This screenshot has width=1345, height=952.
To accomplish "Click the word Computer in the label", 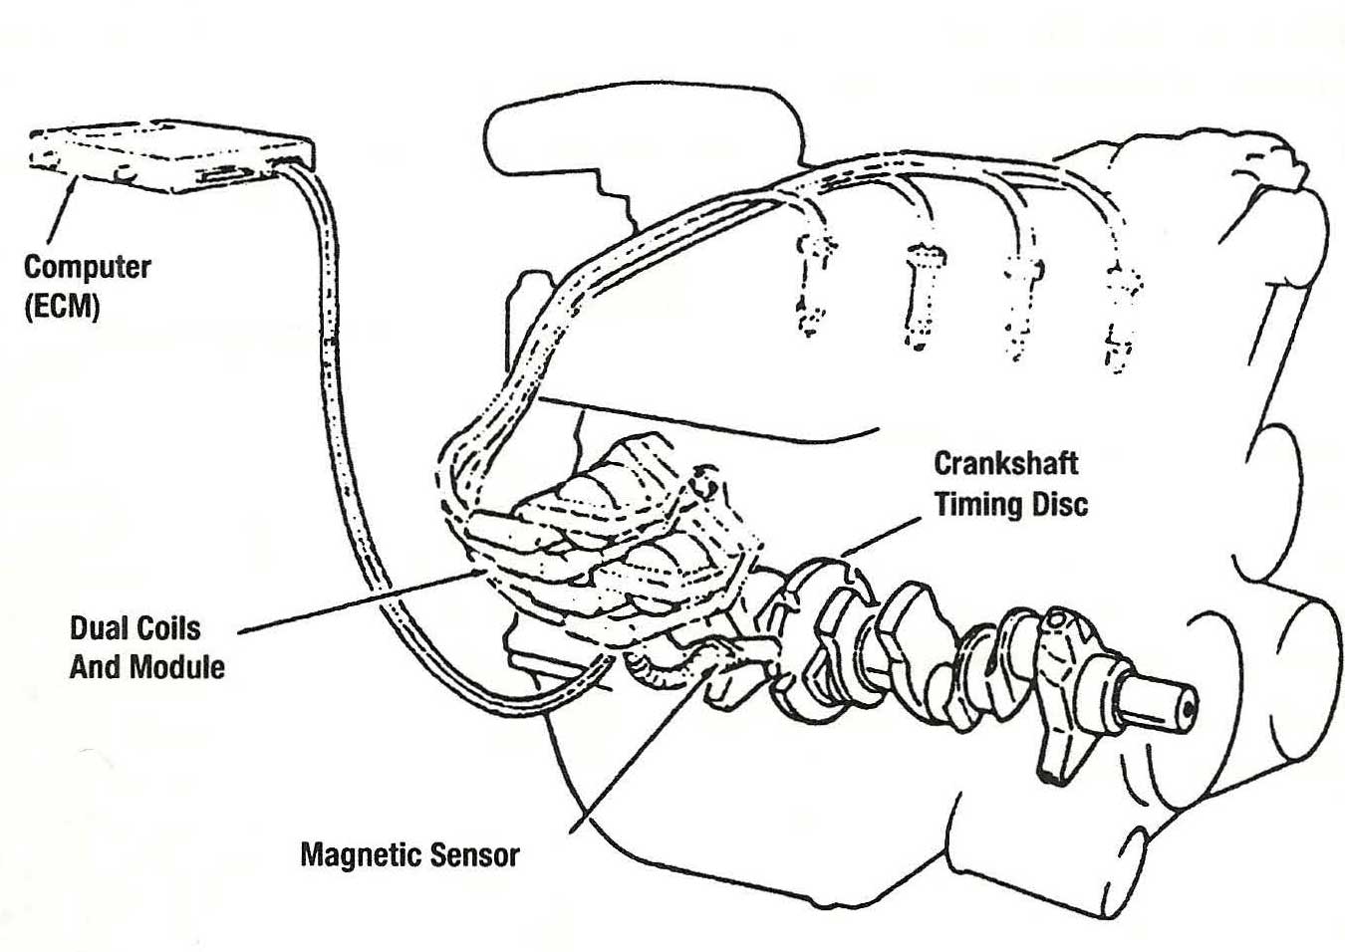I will coord(87,268).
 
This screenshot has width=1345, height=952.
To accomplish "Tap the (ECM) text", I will coord(62,306).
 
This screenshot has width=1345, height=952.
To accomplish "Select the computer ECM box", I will coord(169,159).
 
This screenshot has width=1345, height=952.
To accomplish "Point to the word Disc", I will coord(1055,504).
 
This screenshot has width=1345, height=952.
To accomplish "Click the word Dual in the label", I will coord(97,628).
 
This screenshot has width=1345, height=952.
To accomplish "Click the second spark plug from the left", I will coord(918,299).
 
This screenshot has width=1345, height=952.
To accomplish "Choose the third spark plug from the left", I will coord(1018,309).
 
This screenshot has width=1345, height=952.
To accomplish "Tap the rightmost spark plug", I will coord(1122,319).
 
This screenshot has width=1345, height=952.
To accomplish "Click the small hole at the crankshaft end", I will coord(1186,709).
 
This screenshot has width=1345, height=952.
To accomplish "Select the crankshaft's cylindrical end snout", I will coord(1156,701).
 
